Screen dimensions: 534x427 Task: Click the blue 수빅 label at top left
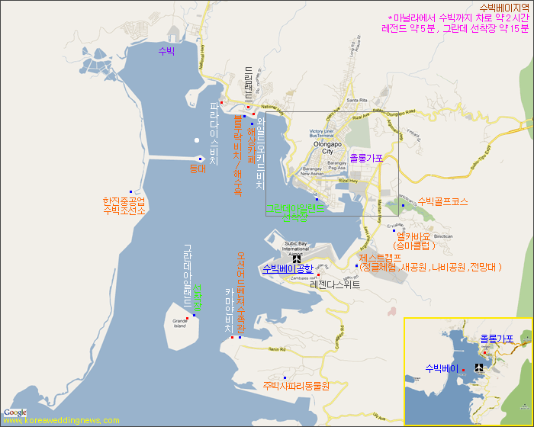point(166,51)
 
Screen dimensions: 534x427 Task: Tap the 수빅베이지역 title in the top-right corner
point(503,8)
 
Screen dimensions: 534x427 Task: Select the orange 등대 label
point(198,169)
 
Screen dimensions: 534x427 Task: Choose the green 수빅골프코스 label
point(442,202)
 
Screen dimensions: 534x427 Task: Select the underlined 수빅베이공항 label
point(288,268)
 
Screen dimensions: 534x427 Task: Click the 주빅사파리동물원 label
point(295,386)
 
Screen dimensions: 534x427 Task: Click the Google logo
point(15,413)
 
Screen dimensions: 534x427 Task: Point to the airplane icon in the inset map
point(479,368)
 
